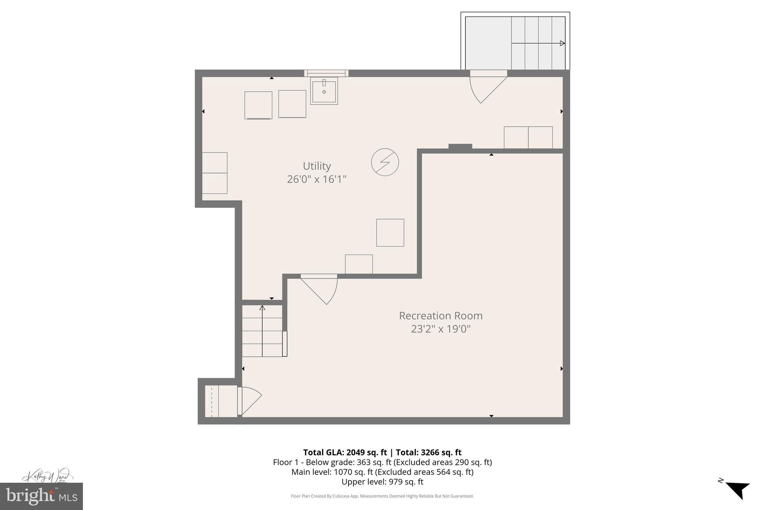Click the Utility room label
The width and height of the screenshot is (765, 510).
(x=317, y=166)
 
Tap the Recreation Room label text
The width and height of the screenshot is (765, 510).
(x=440, y=316)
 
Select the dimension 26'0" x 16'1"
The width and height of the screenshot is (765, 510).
(x=317, y=179)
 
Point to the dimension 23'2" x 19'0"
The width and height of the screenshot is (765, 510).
(x=440, y=329)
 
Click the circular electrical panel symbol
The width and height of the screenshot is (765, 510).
(x=385, y=162)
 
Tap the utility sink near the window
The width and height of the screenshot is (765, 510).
(x=324, y=91)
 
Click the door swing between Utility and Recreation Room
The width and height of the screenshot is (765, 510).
(x=321, y=290)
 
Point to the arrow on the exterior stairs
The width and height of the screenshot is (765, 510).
(x=562, y=43)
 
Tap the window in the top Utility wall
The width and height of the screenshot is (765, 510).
(x=326, y=73)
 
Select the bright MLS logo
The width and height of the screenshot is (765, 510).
(x=41, y=496)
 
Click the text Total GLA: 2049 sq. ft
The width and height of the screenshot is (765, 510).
(x=344, y=452)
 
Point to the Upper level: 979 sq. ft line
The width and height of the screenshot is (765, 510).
(x=382, y=482)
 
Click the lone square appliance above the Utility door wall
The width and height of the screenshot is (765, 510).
(x=390, y=232)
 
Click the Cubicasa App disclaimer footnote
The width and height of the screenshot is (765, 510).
(x=382, y=496)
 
